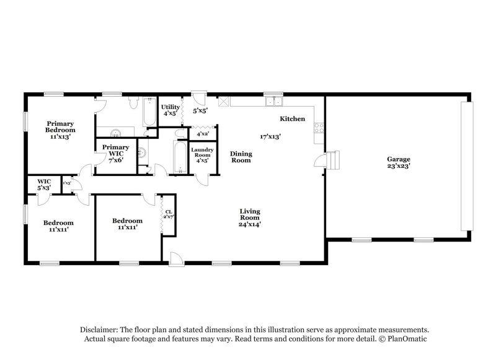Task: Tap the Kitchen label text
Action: (x=292, y=118)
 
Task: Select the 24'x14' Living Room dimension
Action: (x=250, y=224)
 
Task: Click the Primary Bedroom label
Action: (x=60, y=126)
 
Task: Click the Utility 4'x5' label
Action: (x=170, y=110)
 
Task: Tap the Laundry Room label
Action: (x=203, y=154)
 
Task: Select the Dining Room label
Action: (x=241, y=157)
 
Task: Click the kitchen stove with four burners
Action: (x=319, y=128)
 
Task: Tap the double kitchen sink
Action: (x=272, y=102)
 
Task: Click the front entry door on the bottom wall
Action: (x=176, y=259)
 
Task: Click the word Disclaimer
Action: (x=99, y=330)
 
